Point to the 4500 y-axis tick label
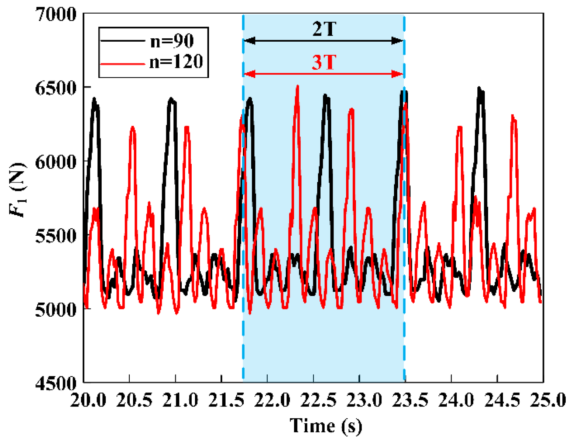56,383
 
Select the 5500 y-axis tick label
56,235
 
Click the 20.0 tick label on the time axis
88,400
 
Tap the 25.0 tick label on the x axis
547,400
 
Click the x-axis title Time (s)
326,425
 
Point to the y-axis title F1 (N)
18,190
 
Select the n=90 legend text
172,41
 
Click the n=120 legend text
176,61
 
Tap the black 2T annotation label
324,29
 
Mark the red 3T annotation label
324,63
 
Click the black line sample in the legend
122,41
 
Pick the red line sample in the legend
122,64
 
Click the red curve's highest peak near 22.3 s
297,86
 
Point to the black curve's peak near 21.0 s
171,99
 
